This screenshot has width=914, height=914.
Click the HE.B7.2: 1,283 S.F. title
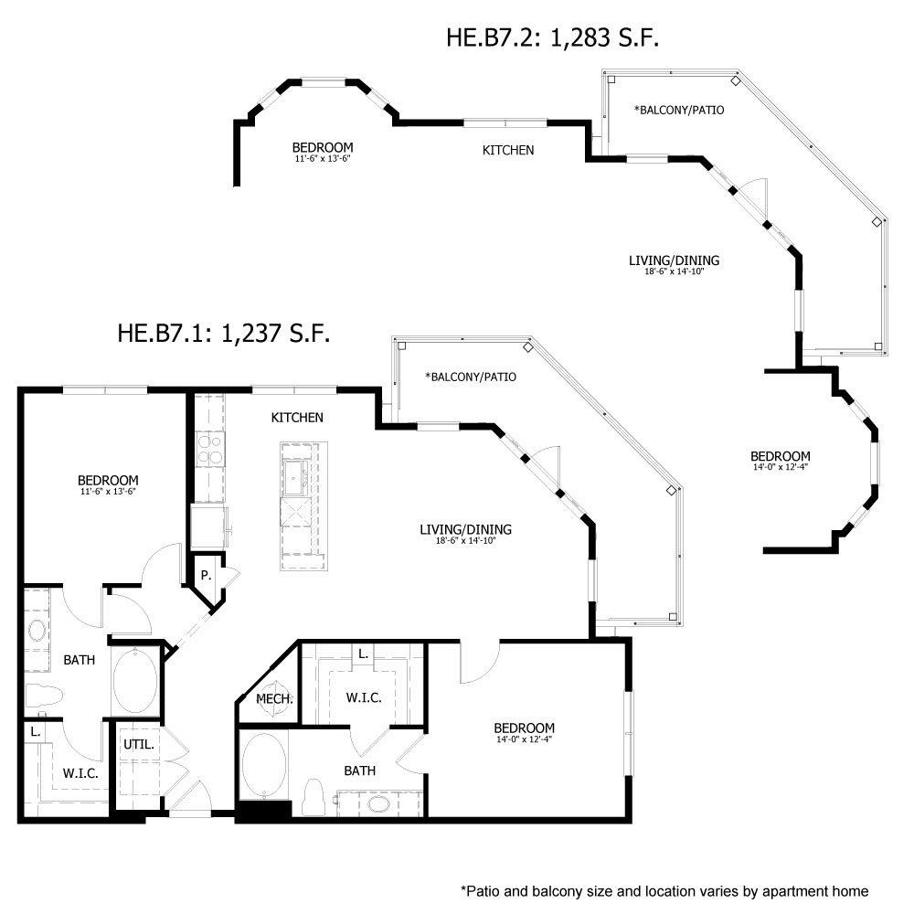click(x=552, y=37)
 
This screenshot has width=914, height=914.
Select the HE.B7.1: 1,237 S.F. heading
click(x=224, y=332)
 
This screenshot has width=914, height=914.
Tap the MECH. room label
click(x=274, y=699)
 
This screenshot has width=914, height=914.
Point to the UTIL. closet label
click(x=139, y=744)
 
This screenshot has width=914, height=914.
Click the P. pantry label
click(x=207, y=577)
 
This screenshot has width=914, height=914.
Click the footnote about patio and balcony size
click(x=664, y=890)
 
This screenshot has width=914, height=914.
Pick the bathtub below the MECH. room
click(x=264, y=765)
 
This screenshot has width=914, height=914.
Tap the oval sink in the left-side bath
click(x=38, y=630)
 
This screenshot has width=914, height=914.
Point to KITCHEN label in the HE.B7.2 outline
click(x=508, y=150)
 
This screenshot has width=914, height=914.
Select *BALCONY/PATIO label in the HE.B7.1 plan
click(x=471, y=376)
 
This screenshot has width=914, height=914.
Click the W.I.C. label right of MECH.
click(x=363, y=697)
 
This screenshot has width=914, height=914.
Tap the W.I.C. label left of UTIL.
click(x=80, y=772)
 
